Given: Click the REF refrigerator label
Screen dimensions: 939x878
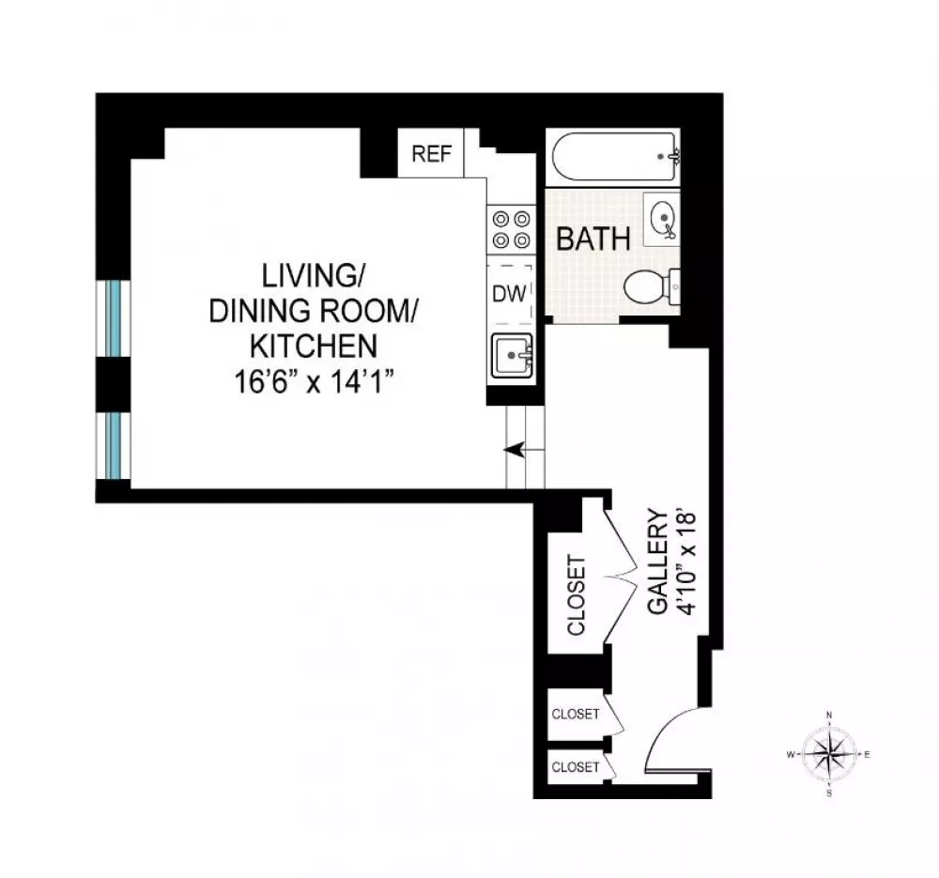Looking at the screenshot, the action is pyautogui.click(x=431, y=154).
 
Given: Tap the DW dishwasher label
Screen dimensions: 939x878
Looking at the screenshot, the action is pyautogui.click(x=509, y=294).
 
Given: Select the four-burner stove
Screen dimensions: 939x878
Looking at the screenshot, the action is pyautogui.click(x=511, y=230).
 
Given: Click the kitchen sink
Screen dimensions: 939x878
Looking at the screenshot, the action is pyautogui.click(x=512, y=356).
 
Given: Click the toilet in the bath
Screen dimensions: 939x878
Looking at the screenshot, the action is pyautogui.click(x=652, y=287).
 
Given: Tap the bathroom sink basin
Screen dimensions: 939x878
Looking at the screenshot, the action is pyautogui.click(x=662, y=220).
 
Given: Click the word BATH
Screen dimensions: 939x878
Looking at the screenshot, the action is pyautogui.click(x=593, y=239).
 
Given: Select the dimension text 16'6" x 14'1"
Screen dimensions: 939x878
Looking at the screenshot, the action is pyautogui.click(x=314, y=381).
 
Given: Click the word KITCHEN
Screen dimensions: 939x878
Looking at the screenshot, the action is pyautogui.click(x=314, y=346).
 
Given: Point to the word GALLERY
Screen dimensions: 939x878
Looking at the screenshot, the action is pyautogui.click(x=657, y=562).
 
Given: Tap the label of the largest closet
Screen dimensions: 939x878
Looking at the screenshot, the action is pyautogui.click(x=577, y=595).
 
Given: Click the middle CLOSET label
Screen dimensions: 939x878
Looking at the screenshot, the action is pyautogui.click(x=575, y=714).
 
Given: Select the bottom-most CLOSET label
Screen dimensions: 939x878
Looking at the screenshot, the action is pyautogui.click(x=575, y=766).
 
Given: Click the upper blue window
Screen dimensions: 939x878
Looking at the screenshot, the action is pyautogui.click(x=114, y=319).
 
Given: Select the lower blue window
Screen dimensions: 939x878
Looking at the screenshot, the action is pyautogui.click(x=114, y=446).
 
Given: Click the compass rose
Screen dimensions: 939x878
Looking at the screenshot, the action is pyautogui.click(x=829, y=754).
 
